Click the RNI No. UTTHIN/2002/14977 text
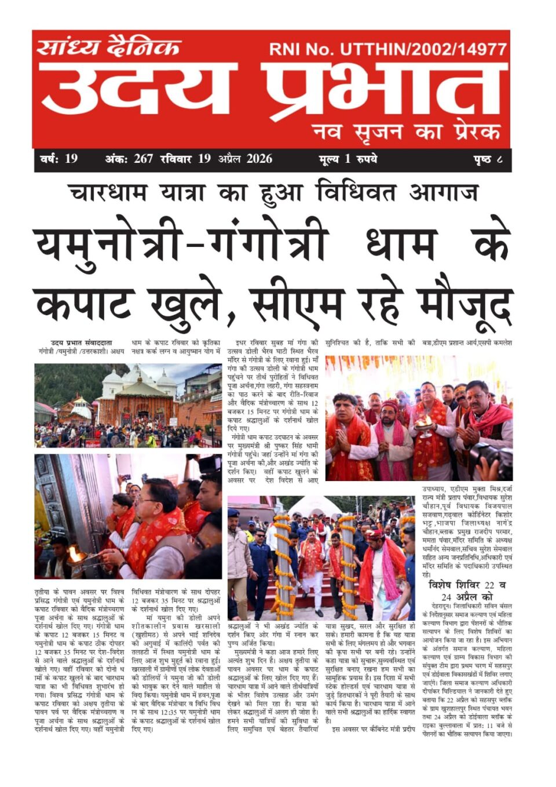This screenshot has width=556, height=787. [387, 49]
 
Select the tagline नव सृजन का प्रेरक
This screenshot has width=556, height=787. [405, 132]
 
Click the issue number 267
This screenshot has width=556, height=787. [143, 159]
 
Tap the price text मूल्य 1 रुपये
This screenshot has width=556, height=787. [348, 159]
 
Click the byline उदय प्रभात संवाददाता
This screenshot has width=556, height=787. [82, 343]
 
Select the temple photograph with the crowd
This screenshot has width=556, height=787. [128, 405]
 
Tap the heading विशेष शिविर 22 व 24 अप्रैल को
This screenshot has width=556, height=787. [467, 591]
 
